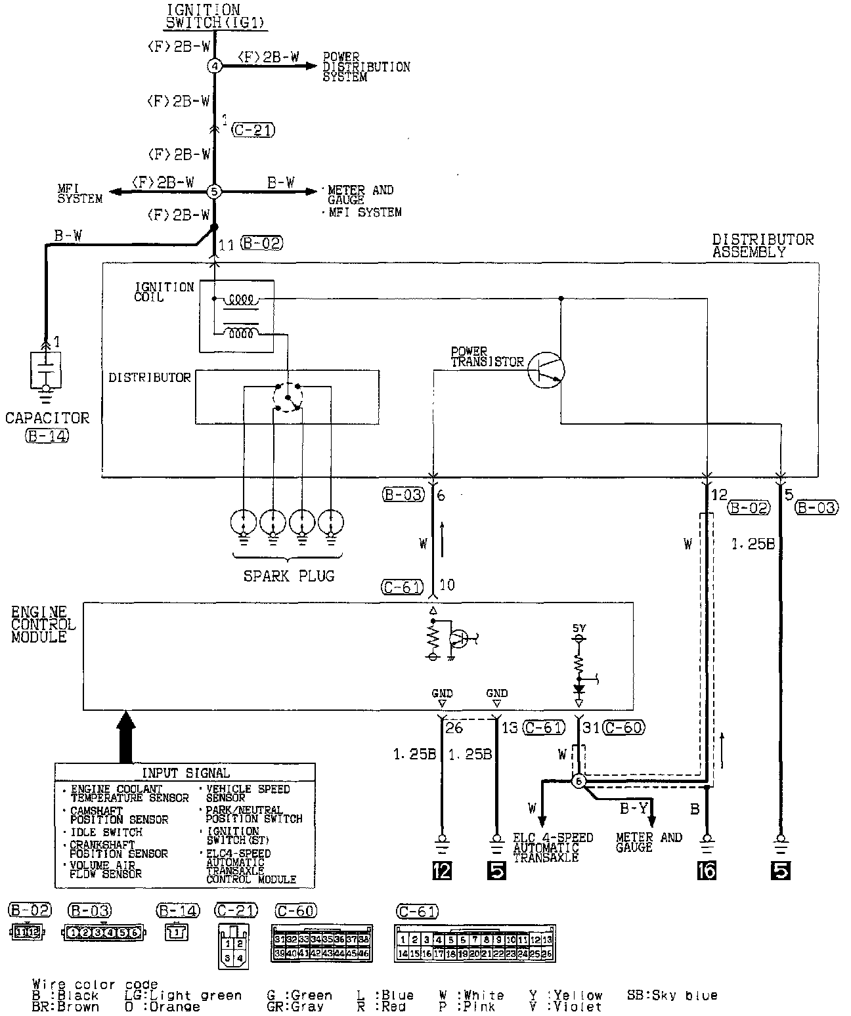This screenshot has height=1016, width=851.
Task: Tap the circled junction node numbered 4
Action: coord(215,66)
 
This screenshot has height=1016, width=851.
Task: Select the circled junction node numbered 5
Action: coord(215,192)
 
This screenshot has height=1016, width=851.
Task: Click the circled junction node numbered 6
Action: coord(578,781)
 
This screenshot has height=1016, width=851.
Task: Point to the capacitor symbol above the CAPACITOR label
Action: coord(45,370)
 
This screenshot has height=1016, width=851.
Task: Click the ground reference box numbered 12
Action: coord(441,870)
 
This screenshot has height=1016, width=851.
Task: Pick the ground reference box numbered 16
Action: coord(707,870)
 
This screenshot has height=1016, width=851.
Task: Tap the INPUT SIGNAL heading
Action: coord(186,773)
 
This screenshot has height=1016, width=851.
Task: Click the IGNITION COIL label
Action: coord(164,292)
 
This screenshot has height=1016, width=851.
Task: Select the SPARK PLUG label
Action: coord(289,576)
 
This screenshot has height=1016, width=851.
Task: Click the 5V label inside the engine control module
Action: coord(578,628)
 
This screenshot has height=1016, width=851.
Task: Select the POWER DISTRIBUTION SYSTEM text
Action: coord(366,67)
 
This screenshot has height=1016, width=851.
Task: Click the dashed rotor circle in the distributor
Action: coord(288,396)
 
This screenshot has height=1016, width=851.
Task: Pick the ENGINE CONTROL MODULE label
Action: coord(43,625)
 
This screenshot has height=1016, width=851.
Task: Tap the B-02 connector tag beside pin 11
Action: coord(261,243)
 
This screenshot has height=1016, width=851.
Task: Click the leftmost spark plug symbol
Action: coord(244,523)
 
